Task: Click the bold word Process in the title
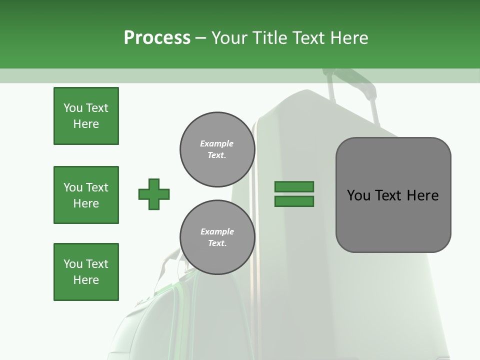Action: coord(157,37)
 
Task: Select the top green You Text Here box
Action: coord(86,116)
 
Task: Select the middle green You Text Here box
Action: coord(86,195)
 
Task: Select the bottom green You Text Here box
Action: coord(86,272)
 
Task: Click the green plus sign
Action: coord(154,194)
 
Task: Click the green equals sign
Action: coord(294,194)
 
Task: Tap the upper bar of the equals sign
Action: coord(294,187)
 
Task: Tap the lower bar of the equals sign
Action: coord(294,201)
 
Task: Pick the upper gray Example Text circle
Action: coord(217,149)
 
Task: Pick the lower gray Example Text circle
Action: coord(217,237)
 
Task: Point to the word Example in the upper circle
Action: coord(217,143)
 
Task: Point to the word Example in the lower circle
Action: coord(217,231)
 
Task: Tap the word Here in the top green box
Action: coord(86,124)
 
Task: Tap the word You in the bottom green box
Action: coord(73,264)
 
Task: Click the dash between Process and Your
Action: coord(201,38)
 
